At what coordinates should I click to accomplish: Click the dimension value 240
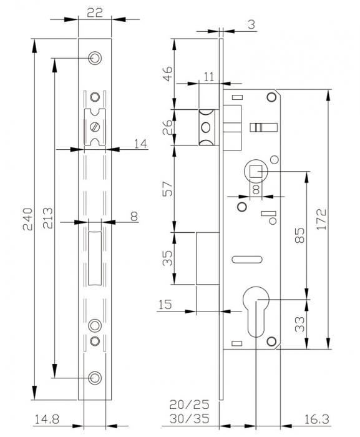click(x=28, y=219)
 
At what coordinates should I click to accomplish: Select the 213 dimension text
click(x=47, y=218)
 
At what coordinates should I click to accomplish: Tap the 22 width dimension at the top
click(x=95, y=13)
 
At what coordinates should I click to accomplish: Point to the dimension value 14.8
click(x=47, y=419)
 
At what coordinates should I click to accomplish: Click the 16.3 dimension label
click(x=316, y=419)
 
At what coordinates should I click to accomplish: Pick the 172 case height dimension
click(x=321, y=219)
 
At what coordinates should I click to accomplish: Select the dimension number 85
click(x=300, y=235)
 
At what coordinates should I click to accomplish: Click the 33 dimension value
click(x=300, y=325)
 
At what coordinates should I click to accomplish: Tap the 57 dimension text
click(x=167, y=189)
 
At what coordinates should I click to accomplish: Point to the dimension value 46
click(x=167, y=74)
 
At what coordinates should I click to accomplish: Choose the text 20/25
click(x=189, y=405)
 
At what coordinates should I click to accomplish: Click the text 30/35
click(x=189, y=419)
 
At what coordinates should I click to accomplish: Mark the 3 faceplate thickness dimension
click(x=251, y=24)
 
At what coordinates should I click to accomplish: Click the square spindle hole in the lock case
click(x=256, y=172)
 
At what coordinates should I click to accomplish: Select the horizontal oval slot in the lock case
click(x=247, y=260)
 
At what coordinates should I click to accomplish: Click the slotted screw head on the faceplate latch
click(x=95, y=127)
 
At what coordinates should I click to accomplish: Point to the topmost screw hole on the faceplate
click(x=95, y=58)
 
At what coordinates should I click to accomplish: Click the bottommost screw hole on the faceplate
click(x=95, y=378)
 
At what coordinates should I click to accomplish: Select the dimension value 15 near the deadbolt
click(x=165, y=305)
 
